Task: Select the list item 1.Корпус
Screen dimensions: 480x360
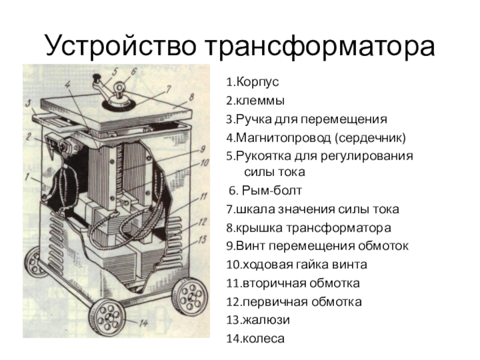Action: tap(253, 82)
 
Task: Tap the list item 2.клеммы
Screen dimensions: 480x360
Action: tap(256, 101)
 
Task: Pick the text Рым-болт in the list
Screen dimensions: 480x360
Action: tap(272, 191)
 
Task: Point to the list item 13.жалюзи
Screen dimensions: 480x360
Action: tap(258, 320)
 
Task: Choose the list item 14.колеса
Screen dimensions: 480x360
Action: tap(256, 338)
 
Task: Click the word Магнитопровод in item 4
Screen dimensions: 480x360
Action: tap(283, 138)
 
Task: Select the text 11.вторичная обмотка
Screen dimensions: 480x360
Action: tap(293, 283)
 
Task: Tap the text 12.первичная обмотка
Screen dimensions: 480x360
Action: tap(294, 302)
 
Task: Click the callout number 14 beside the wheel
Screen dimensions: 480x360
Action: tap(143, 323)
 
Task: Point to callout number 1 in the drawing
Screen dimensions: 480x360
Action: tap(28, 177)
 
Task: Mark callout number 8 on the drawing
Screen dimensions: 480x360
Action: tap(191, 98)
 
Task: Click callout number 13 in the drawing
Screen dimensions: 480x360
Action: tap(202, 239)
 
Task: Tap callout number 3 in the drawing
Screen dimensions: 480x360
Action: tap(28, 104)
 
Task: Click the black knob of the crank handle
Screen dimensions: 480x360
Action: tap(97, 77)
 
